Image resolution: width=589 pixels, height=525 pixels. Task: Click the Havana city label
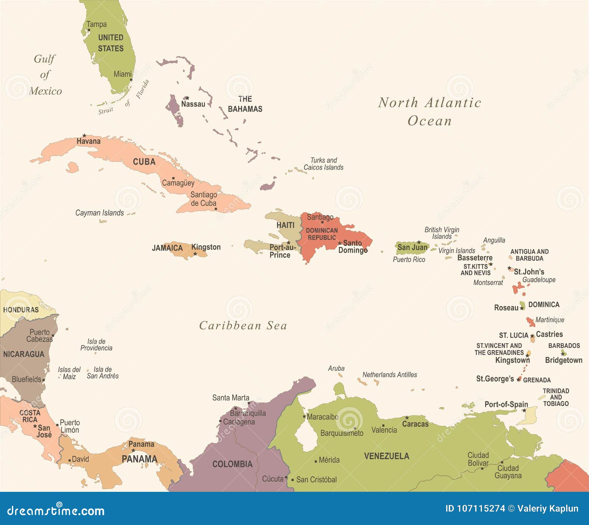pyautogui.click(x=88, y=141)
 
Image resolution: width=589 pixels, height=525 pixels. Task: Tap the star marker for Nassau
pyautogui.click(x=187, y=98)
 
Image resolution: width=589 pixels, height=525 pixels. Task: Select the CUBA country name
pyautogui.click(x=144, y=162)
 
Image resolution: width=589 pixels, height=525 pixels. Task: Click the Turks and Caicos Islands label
pyautogui.click(x=323, y=164)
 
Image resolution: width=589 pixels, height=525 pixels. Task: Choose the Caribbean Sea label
pyautogui.click(x=243, y=326)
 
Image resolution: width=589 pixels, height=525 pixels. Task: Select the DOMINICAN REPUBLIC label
pyautogui.click(x=322, y=234)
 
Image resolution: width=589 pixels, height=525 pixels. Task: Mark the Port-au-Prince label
pyautogui.click(x=282, y=251)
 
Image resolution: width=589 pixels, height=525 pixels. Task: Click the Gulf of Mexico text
pyautogui.click(x=45, y=75)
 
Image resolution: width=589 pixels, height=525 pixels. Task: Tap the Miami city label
pyautogui.click(x=122, y=74)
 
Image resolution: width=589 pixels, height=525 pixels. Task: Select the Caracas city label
pyautogui.click(x=415, y=424)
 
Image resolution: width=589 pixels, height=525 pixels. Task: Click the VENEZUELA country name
pyautogui.click(x=387, y=456)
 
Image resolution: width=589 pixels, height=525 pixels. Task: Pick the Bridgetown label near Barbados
pyautogui.click(x=564, y=360)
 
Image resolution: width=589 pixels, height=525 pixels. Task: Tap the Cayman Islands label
pyautogui.click(x=99, y=213)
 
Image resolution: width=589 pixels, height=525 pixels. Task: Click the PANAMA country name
pyautogui.click(x=139, y=459)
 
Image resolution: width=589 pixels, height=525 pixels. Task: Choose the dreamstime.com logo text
pyautogui.click(x=56, y=511)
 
